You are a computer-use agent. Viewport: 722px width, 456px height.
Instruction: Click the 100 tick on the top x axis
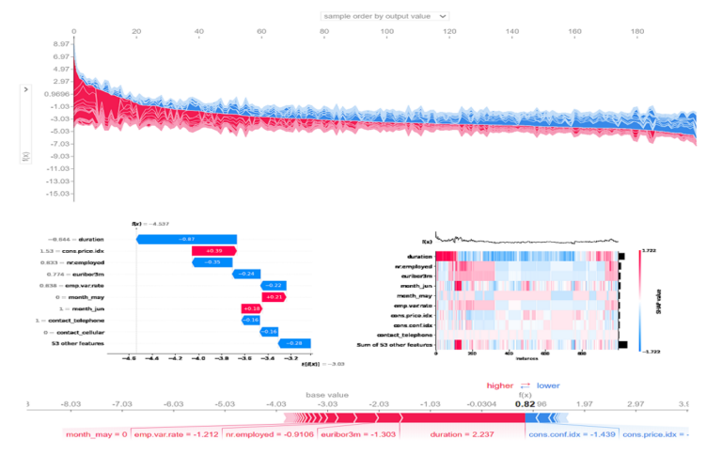(387, 32)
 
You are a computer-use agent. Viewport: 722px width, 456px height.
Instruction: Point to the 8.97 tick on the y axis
(36, 44)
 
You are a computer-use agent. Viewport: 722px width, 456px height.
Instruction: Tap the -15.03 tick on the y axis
(34, 193)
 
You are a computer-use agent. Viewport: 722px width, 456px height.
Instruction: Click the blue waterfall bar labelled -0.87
(187, 240)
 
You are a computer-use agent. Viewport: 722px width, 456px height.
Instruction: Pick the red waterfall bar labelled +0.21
(274, 297)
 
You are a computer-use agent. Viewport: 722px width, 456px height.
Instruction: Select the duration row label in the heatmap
(419, 256)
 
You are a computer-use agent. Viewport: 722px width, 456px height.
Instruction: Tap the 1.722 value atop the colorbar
(645, 251)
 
